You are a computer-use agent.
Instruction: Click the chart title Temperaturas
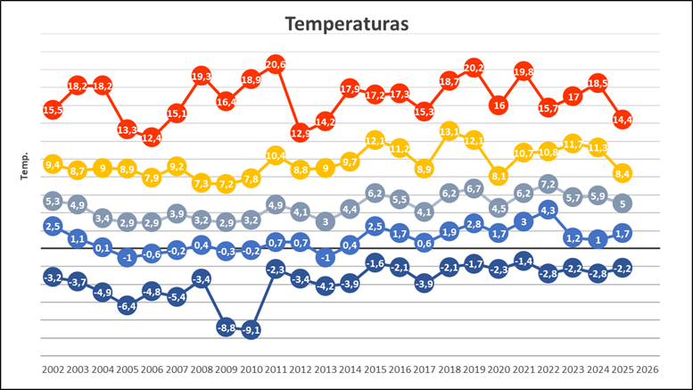point(346,24)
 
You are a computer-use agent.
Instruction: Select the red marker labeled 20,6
point(276,64)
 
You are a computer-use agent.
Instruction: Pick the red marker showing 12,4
point(152,137)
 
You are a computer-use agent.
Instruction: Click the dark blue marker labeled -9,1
point(251,329)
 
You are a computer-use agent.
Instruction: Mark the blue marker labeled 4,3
point(549,211)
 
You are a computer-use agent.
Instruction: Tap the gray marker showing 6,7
point(474,189)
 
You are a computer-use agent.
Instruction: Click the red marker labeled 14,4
point(623,120)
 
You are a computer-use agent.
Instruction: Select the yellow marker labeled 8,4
point(623,173)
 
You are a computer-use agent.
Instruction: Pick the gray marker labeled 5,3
point(53,202)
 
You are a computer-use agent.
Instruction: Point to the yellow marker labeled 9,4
point(53,164)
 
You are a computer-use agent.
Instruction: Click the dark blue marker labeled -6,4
point(127,305)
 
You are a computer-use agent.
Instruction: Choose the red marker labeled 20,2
point(474,68)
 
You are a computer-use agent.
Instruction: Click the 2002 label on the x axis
point(53,368)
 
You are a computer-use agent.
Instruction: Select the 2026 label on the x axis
point(648,368)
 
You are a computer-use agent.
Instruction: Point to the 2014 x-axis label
point(350,368)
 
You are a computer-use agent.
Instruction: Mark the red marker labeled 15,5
point(53,110)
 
